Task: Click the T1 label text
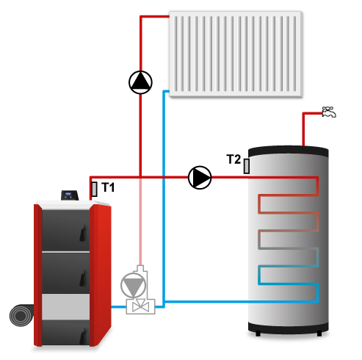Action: pos(108,187)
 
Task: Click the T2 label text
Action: pos(234,159)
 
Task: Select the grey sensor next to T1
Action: pos(94,189)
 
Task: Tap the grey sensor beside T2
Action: pos(247,166)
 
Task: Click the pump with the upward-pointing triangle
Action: pos(140,82)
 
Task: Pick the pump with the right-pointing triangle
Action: pos(200,178)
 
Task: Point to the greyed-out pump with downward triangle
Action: pos(134,285)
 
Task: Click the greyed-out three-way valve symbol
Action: pos(141,306)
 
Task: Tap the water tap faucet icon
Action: pos(329,112)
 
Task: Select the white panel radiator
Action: pos(236,54)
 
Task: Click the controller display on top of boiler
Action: pos(70,195)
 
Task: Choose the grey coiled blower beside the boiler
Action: pos(22,315)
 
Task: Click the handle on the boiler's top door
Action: pos(83,233)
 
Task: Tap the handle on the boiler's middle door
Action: pos(83,278)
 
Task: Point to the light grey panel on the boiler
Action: pos(65,307)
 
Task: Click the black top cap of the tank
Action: pos(289,151)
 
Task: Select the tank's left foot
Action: pos(258,334)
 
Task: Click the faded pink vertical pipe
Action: pos(140,222)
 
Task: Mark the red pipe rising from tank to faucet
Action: pos(303,129)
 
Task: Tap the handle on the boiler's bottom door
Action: pos(83,336)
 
